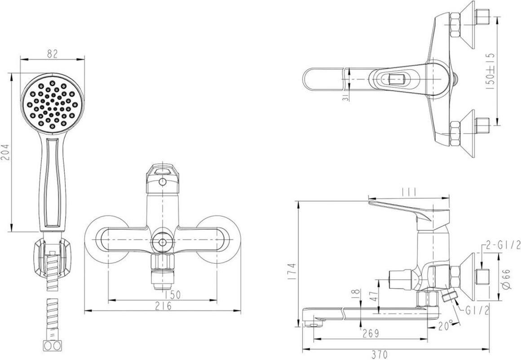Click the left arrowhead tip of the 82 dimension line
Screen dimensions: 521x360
pyautogui.click(x=20, y=60)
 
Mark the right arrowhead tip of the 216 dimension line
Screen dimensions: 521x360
pyautogui.click(x=241, y=311)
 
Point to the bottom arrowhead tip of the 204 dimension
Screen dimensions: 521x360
pyautogui.click(x=12, y=232)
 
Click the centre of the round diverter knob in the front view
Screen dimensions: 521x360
pyautogui.click(x=163, y=242)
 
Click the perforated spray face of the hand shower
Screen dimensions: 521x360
pyautogui.click(x=53, y=104)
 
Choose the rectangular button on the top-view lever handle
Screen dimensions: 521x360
pyautogui.click(x=394, y=79)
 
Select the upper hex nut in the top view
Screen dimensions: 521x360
pyautogui.click(x=454, y=26)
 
